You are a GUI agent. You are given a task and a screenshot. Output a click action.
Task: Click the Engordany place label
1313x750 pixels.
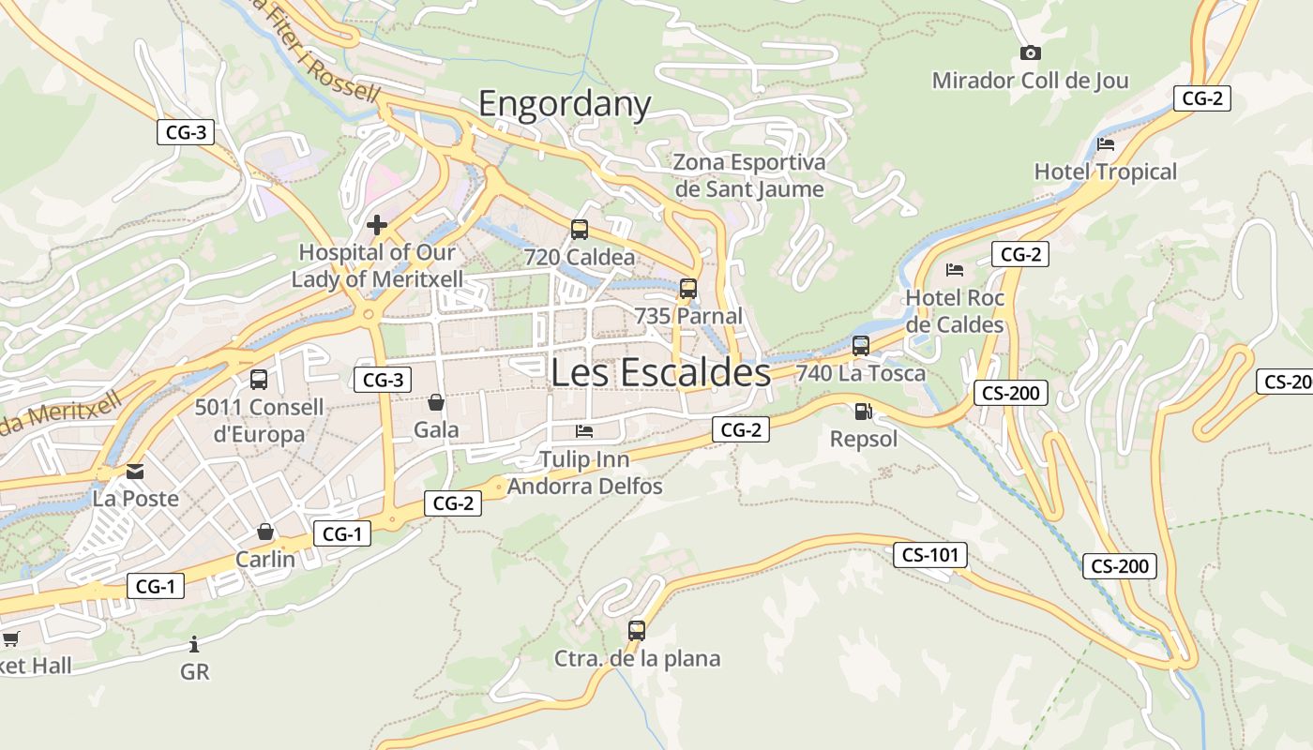pyautogui.click(x=565, y=103)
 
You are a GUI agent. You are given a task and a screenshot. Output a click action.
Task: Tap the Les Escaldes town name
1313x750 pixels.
pyautogui.click(x=660, y=372)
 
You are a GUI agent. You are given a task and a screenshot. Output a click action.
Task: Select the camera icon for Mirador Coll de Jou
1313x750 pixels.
pyautogui.click(x=1030, y=53)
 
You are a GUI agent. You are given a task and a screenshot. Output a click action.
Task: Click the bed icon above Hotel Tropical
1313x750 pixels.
pyautogui.click(x=1106, y=144)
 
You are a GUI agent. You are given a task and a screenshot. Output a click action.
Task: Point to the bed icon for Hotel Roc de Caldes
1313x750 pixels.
pyautogui.click(x=955, y=270)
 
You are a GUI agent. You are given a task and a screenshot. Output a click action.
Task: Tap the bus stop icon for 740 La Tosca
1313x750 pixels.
pyautogui.click(x=861, y=346)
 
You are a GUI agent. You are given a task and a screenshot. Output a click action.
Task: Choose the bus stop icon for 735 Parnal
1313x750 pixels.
pyautogui.click(x=688, y=289)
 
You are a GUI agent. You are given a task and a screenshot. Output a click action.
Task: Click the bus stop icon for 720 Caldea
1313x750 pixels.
pyautogui.click(x=580, y=229)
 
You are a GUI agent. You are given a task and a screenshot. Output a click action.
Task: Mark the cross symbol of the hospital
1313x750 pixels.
pyautogui.click(x=377, y=225)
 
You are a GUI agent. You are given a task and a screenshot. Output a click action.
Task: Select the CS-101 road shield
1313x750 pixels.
pyautogui.click(x=929, y=555)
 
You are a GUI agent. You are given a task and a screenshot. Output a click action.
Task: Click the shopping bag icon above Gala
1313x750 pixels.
pyautogui.click(x=436, y=403)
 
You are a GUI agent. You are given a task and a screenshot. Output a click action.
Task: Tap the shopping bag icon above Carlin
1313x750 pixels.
pyautogui.click(x=265, y=532)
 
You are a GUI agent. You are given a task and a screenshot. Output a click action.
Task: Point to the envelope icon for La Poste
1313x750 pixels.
pyautogui.click(x=135, y=471)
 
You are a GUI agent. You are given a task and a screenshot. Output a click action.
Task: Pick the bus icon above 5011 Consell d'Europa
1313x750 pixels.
pyautogui.click(x=259, y=380)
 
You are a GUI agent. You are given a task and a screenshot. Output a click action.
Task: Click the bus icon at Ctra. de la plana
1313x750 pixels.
pyautogui.click(x=637, y=631)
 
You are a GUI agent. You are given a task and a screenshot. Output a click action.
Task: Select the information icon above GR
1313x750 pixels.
pyautogui.click(x=194, y=644)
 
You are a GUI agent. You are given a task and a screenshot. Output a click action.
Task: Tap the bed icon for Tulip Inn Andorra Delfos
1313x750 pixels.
pyautogui.click(x=584, y=431)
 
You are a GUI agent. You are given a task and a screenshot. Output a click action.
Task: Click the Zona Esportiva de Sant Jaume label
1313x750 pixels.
pyautogui.click(x=749, y=175)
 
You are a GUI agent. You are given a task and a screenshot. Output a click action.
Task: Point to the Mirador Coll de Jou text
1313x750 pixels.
pyautogui.click(x=1030, y=81)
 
